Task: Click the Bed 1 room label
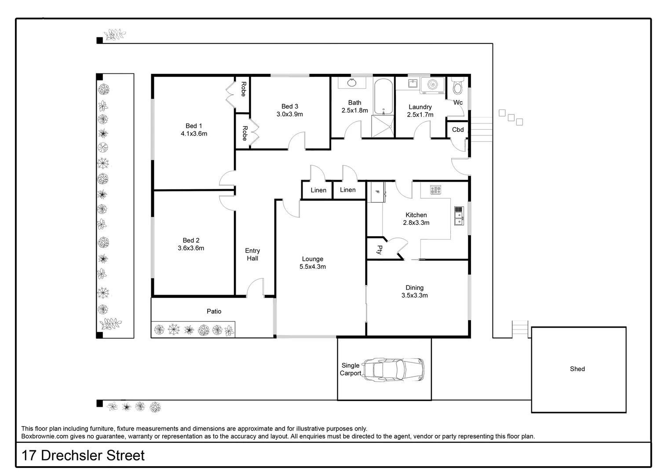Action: click(191, 126)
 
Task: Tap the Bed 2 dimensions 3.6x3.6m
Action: click(191, 248)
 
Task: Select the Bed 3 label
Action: click(289, 106)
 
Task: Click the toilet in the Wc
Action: click(458, 87)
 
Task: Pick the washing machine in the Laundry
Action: click(432, 85)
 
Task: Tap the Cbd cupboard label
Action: click(458, 130)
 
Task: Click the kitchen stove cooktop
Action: click(435, 190)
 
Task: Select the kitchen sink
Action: click(459, 216)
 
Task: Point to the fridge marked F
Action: click(377, 192)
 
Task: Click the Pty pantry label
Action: click(379, 250)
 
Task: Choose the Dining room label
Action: click(414, 288)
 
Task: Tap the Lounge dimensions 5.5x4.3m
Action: click(313, 267)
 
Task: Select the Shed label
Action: click(577, 369)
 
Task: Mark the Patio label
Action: click(214, 311)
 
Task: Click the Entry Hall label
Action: click(252, 255)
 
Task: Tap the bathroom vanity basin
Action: click(352, 83)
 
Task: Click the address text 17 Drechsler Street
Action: click(83, 455)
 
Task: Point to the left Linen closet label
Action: click(318, 190)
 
